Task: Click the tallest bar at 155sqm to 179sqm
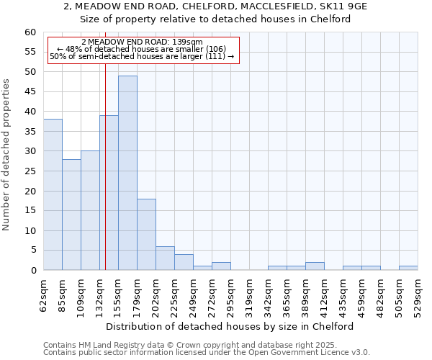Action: click(x=127, y=173)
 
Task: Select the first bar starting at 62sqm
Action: click(x=53, y=194)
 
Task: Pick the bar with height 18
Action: click(x=146, y=234)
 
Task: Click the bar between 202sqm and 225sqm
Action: click(x=165, y=258)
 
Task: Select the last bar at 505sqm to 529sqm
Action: click(x=408, y=268)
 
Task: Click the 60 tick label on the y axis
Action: click(x=30, y=32)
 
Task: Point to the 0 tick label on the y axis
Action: click(x=32, y=271)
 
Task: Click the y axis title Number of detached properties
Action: click(x=6, y=155)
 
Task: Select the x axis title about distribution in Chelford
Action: click(x=234, y=326)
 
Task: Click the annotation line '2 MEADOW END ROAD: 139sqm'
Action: click(x=142, y=42)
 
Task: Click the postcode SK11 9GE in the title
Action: click(x=341, y=6)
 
